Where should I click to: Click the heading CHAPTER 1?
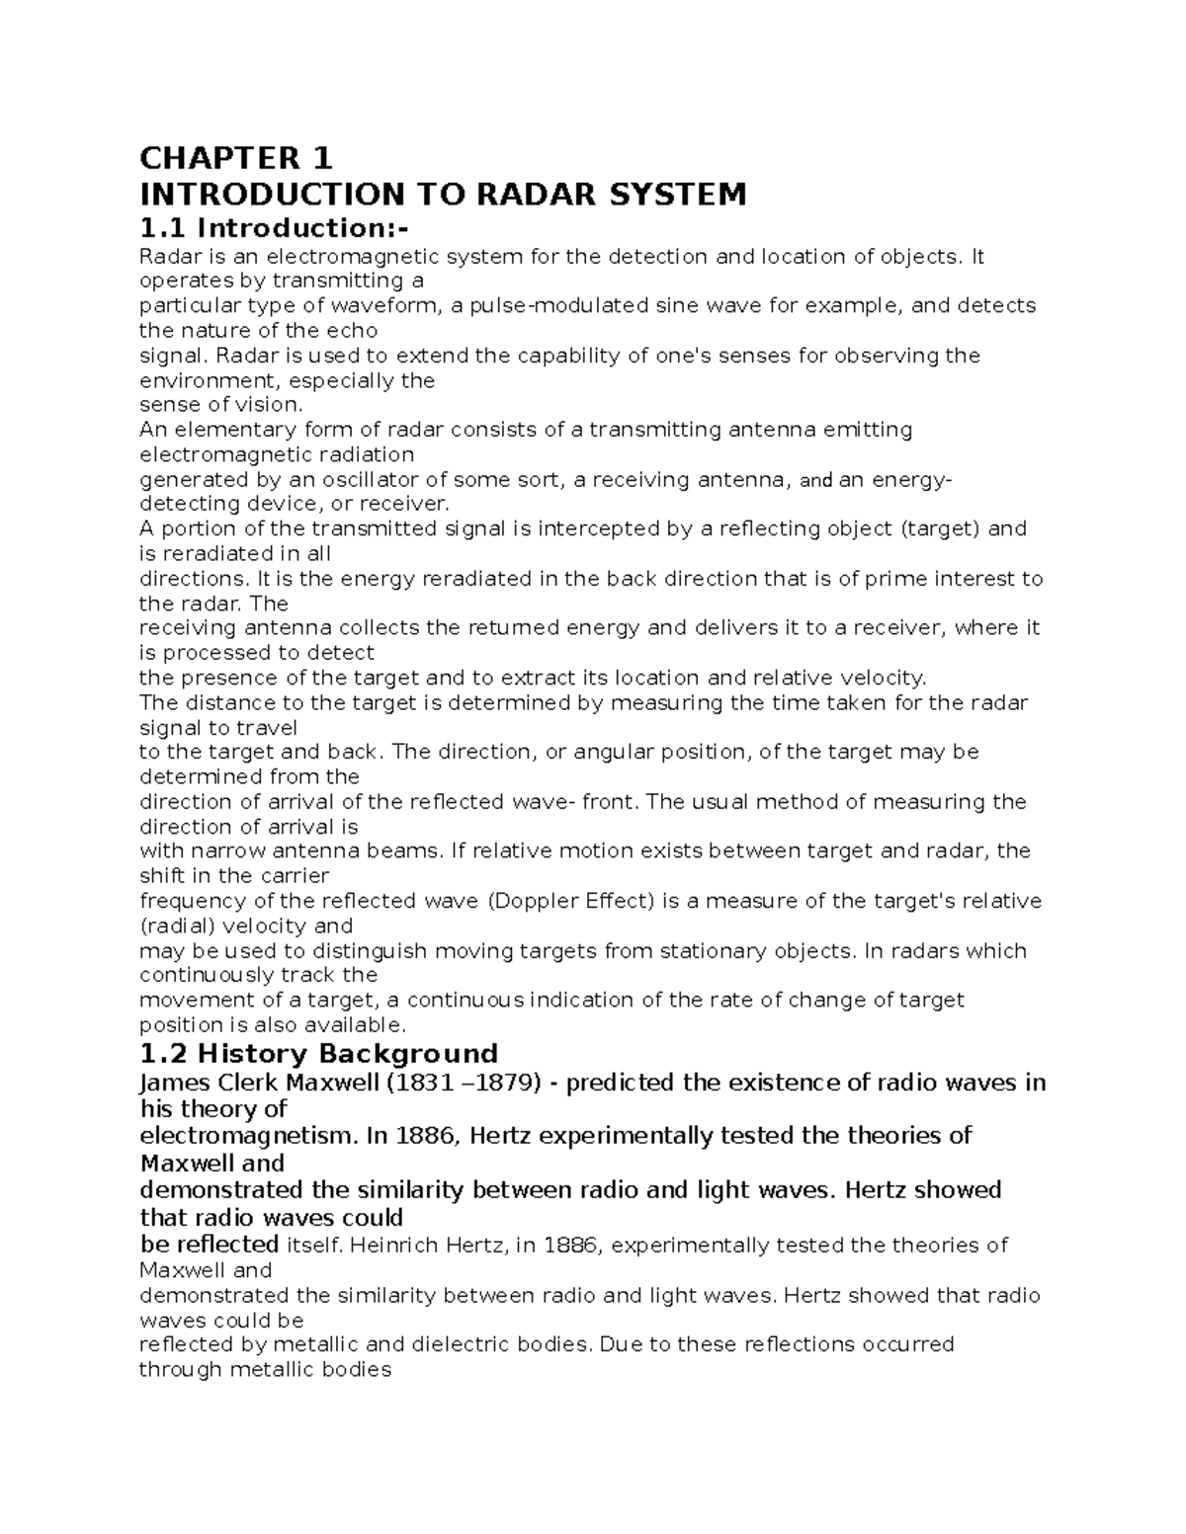pos(236,158)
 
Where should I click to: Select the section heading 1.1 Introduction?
pos(273,228)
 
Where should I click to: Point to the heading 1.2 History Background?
pos(318,1053)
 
